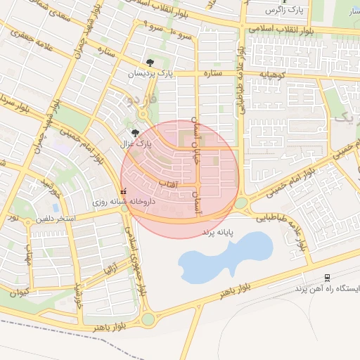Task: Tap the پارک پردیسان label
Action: pyautogui.click(x=149, y=73)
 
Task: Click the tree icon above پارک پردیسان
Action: pyautogui.click(x=148, y=63)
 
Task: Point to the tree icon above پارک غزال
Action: pyautogui.click(x=135, y=132)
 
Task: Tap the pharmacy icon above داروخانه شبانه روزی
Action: pyautogui.click(x=124, y=191)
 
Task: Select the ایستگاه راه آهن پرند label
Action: pyautogui.click(x=328, y=289)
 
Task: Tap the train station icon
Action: pyautogui.click(x=327, y=278)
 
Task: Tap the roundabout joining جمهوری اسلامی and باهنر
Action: pyautogui.click(x=148, y=319)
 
